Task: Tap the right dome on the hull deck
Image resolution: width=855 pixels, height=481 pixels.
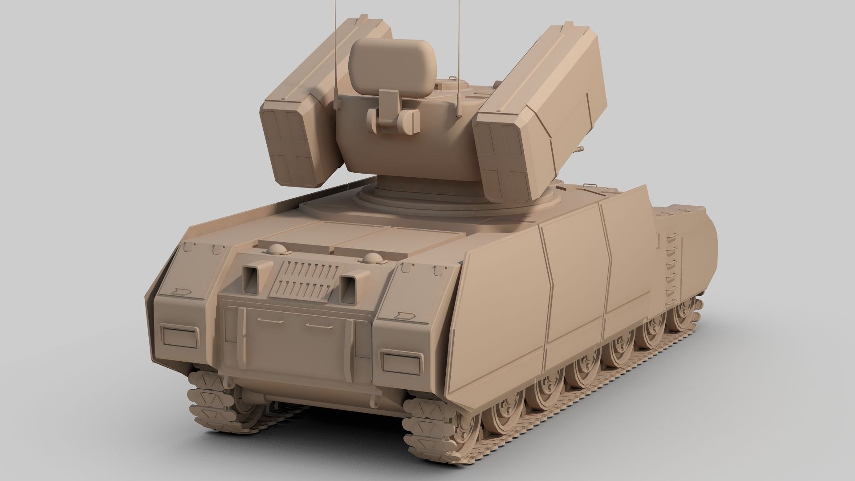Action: pos(370,258)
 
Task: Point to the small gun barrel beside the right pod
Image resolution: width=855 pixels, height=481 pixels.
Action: pos(579,149)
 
